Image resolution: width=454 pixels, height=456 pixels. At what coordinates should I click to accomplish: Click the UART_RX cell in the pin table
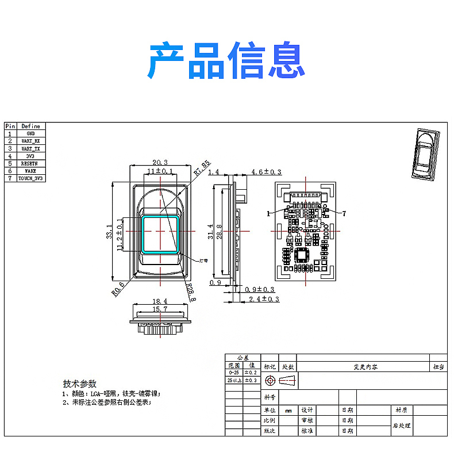31,141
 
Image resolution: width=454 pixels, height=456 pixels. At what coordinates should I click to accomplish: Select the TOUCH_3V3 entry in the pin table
31,178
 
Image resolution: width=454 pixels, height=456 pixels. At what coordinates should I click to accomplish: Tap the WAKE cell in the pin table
31,171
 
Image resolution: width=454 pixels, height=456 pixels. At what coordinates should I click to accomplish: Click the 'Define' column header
31,126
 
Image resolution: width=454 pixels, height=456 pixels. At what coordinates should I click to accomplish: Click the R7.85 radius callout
202,167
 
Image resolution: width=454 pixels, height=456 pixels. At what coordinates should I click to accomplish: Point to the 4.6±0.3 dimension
266,172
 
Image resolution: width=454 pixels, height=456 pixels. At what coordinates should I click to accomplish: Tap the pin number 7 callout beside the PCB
344,213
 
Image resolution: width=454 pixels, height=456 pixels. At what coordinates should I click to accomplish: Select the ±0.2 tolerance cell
252,373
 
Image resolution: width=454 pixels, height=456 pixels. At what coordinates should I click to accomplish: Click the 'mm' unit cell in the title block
288,411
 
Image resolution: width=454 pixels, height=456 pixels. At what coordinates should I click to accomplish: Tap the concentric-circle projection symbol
270,381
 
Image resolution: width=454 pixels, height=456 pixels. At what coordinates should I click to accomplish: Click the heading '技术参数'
80,384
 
